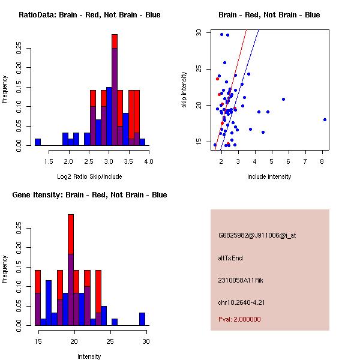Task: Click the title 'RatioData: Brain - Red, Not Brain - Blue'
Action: (x=89, y=15)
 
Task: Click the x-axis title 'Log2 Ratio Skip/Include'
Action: (x=88, y=176)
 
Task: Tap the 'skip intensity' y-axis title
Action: (x=184, y=90)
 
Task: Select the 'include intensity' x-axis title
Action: (x=269, y=176)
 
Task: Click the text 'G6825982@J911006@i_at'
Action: (x=257, y=235)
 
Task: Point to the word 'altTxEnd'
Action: (x=230, y=258)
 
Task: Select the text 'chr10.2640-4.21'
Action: (x=241, y=302)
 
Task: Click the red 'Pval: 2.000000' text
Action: (x=239, y=319)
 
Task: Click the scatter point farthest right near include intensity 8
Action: (x=325, y=119)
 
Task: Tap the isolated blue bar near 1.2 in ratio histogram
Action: (x=38, y=142)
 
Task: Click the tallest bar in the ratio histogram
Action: (x=114, y=90)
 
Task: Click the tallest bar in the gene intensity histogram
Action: (x=71, y=270)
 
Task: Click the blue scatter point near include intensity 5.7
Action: (x=283, y=99)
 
